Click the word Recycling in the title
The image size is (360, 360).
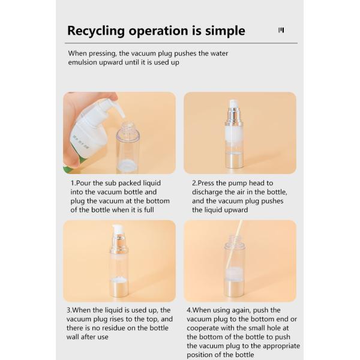point(96,31)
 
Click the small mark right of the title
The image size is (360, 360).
point(281,30)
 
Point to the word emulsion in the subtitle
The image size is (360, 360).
point(82,62)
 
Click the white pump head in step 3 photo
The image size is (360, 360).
point(118,229)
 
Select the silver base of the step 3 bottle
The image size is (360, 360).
point(119,289)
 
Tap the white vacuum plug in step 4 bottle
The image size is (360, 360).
point(235,273)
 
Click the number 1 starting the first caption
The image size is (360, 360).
point(73,183)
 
